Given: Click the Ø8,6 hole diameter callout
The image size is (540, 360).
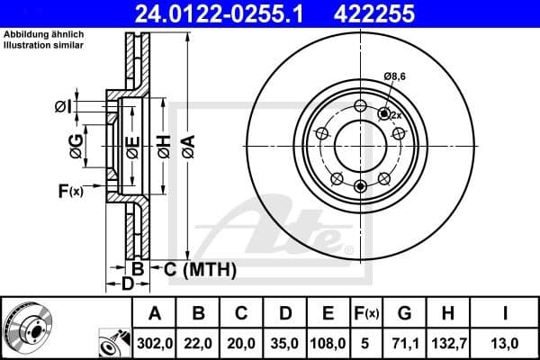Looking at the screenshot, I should click(396, 78).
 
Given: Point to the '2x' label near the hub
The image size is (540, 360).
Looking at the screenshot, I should click(393, 116).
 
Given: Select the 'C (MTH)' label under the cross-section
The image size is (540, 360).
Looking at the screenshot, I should click(193, 268).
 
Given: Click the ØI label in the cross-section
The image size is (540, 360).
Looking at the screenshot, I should click(62, 106).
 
